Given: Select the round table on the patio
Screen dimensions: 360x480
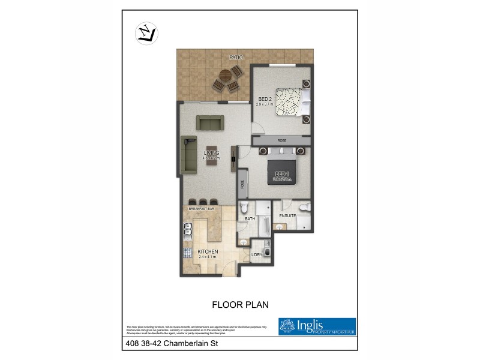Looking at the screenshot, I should [x=225, y=76].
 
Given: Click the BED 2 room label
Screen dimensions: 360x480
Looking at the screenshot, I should [x=265, y=99].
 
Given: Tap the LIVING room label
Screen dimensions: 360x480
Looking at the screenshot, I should [x=211, y=154].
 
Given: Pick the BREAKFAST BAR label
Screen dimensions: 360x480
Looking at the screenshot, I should [x=201, y=208].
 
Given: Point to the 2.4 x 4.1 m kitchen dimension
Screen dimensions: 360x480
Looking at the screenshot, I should [x=208, y=257].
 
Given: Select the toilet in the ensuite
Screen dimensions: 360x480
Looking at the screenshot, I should [x=304, y=208].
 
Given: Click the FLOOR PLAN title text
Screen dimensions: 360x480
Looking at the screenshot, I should [x=240, y=304].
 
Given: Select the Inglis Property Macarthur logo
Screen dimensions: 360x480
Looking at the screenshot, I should [x=317, y=326].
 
